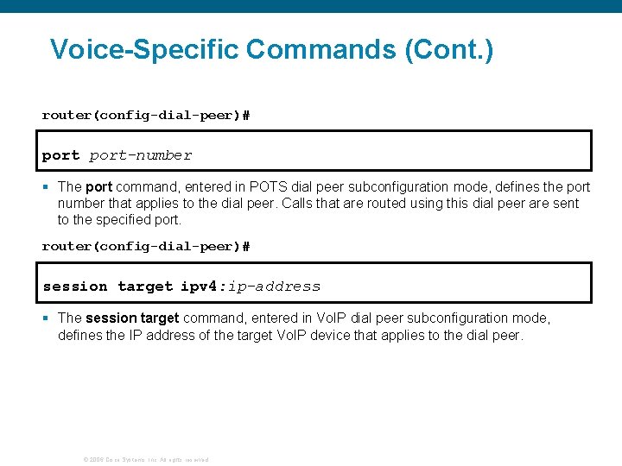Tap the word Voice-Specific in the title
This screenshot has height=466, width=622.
pos(144,49)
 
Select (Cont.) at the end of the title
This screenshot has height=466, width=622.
pos(448,49)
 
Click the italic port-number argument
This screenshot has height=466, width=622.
pos(141,155)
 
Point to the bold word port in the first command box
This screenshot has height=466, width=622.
pos(60,155)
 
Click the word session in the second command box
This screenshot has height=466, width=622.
pos(75,287)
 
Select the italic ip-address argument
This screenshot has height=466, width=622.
pos(276,287)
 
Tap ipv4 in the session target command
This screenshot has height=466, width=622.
pos(201,287)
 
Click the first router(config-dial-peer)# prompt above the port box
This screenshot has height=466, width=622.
pos(146,115)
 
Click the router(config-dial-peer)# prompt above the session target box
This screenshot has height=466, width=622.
pos(146,246)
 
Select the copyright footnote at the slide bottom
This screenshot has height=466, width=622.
pos(145,459)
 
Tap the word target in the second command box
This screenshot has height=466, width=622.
pos(145,287)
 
